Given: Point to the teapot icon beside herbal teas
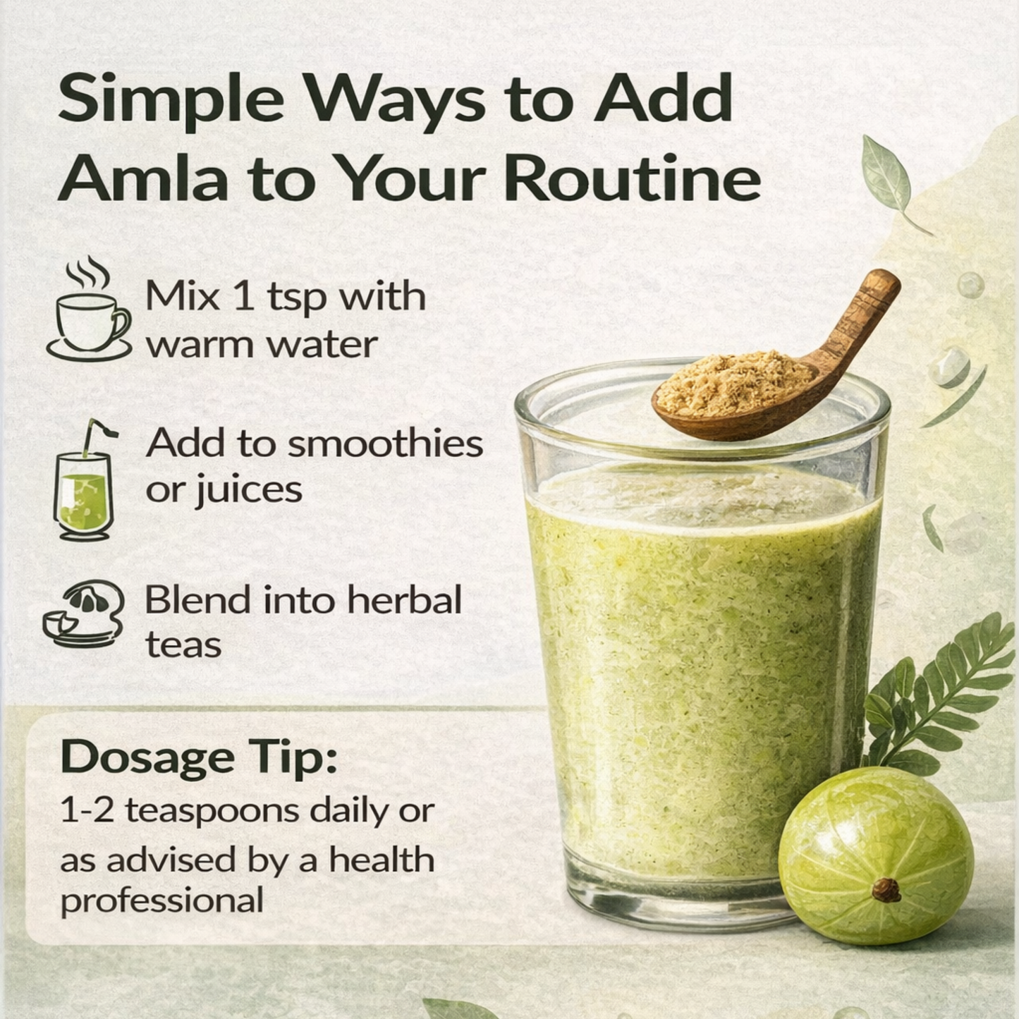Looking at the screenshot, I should (x=84, y=614).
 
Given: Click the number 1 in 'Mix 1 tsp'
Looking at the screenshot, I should (x=242, y=296).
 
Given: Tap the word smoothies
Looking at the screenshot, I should (x=386, y=444).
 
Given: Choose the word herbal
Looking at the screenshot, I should (x=405, y=601).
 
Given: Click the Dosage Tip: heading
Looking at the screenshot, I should (x=199, y=757).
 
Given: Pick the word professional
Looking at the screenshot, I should (x=162, y=901).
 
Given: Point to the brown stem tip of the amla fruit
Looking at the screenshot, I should (x=886, y=891).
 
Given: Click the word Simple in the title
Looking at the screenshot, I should (x=170, y=99).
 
